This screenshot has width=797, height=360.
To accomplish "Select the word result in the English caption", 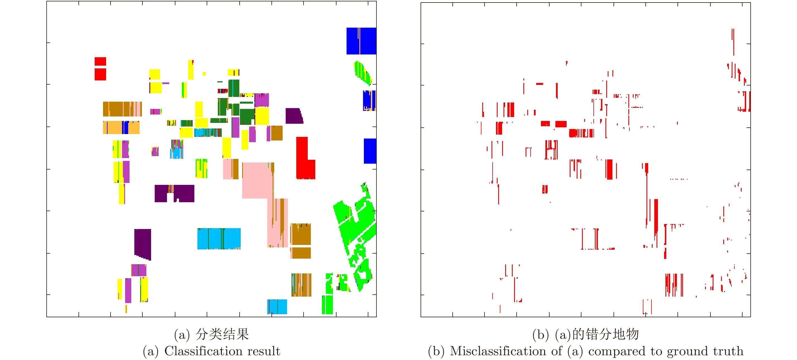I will [x=264, y=351].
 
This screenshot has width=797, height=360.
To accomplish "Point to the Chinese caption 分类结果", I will [x=222, y=334].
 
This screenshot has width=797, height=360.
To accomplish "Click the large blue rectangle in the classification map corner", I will [x=361, y=41].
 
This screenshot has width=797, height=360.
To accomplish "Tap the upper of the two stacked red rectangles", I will [x=100, y=61].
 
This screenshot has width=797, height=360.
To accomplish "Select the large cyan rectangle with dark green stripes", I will [x=219, y=239].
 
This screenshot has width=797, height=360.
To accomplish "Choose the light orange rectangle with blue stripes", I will [x=121, y=127].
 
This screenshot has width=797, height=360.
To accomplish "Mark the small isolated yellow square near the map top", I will [x=204, y=74].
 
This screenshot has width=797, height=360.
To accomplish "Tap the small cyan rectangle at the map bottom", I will [x=277, y=306].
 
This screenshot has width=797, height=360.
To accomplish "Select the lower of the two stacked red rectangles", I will [x=100, y=74].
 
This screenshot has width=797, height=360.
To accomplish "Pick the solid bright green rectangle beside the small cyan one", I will [x=327, y=305].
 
